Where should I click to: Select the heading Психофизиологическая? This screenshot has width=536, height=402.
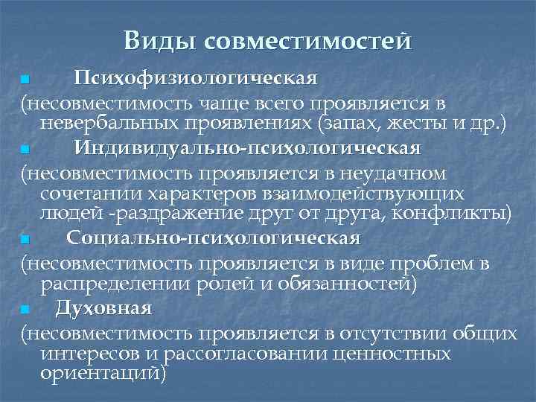[196, 78]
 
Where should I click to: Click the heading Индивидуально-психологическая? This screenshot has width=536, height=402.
[247, 148]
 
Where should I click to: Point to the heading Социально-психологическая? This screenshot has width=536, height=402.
[213, 238]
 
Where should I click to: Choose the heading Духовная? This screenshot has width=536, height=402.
[103, 307]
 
